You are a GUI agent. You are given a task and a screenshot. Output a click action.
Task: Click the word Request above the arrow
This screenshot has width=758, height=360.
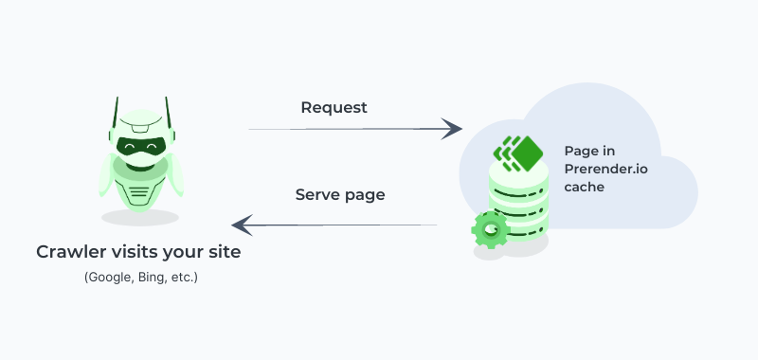(x=334, y=107)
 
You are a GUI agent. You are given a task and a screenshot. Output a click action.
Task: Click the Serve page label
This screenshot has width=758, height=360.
(x=340, y=195)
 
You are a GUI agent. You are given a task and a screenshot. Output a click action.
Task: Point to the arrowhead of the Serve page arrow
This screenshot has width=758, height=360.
(x=241, y=225)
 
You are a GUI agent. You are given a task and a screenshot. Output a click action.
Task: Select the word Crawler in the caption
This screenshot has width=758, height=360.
(x=71, y=252)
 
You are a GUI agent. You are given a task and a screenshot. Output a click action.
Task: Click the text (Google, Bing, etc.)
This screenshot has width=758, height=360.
(x=140, y=278)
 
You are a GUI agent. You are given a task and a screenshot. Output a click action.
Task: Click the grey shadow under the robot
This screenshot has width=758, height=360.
(x=139, y=217)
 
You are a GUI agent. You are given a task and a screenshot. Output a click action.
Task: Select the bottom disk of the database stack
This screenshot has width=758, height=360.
(x=519, y=232)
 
